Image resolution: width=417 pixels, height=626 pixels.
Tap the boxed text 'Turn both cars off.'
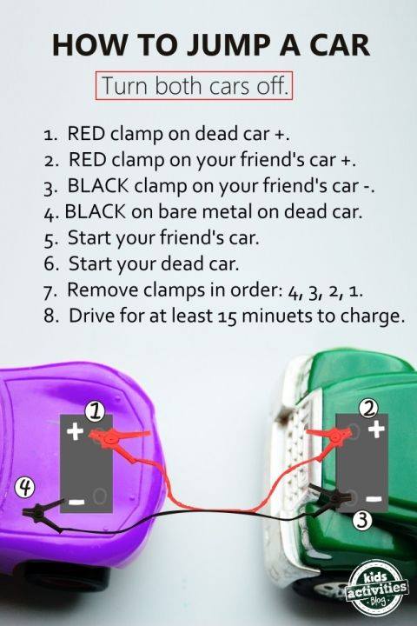click(x=194, y=85)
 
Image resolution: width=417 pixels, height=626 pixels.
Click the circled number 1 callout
click(x=95, y=411)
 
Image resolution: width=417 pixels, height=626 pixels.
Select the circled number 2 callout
click(x=369, y=408)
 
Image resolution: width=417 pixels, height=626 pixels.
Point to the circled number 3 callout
click(x=362, y=520)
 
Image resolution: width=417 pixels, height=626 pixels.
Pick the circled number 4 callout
click(x=24, y=488)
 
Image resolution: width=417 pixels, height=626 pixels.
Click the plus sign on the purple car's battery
click(x=75, y=431)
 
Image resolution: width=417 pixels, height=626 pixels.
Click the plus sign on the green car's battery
click(x=376, y=430)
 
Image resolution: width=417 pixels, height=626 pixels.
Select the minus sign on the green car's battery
click(x=374, y=499)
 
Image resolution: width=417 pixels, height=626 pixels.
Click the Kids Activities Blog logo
click(x=376, y=591)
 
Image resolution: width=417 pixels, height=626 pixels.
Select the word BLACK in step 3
click(x=98, y=186)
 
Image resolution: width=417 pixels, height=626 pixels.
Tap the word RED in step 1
click(x=87, y=133)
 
